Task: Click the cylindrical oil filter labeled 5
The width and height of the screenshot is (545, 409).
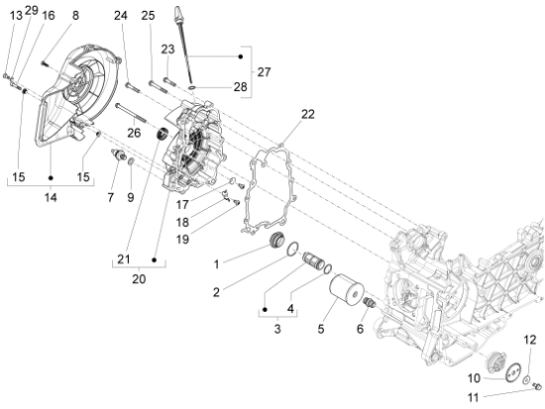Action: click(x=346, y=291)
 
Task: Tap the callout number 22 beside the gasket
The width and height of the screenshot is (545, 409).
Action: click(x=308, y=114)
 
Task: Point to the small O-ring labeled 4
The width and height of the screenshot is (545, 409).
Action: click(x=327, y=268)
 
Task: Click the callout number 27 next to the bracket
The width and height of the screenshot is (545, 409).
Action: click(x=264, y=72)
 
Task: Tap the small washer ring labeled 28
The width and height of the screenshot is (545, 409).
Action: click(x=191, y=86)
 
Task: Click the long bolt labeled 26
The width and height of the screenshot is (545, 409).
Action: click(x=131, y=112)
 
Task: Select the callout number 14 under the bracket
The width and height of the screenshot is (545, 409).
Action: click(x=51, y=198)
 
